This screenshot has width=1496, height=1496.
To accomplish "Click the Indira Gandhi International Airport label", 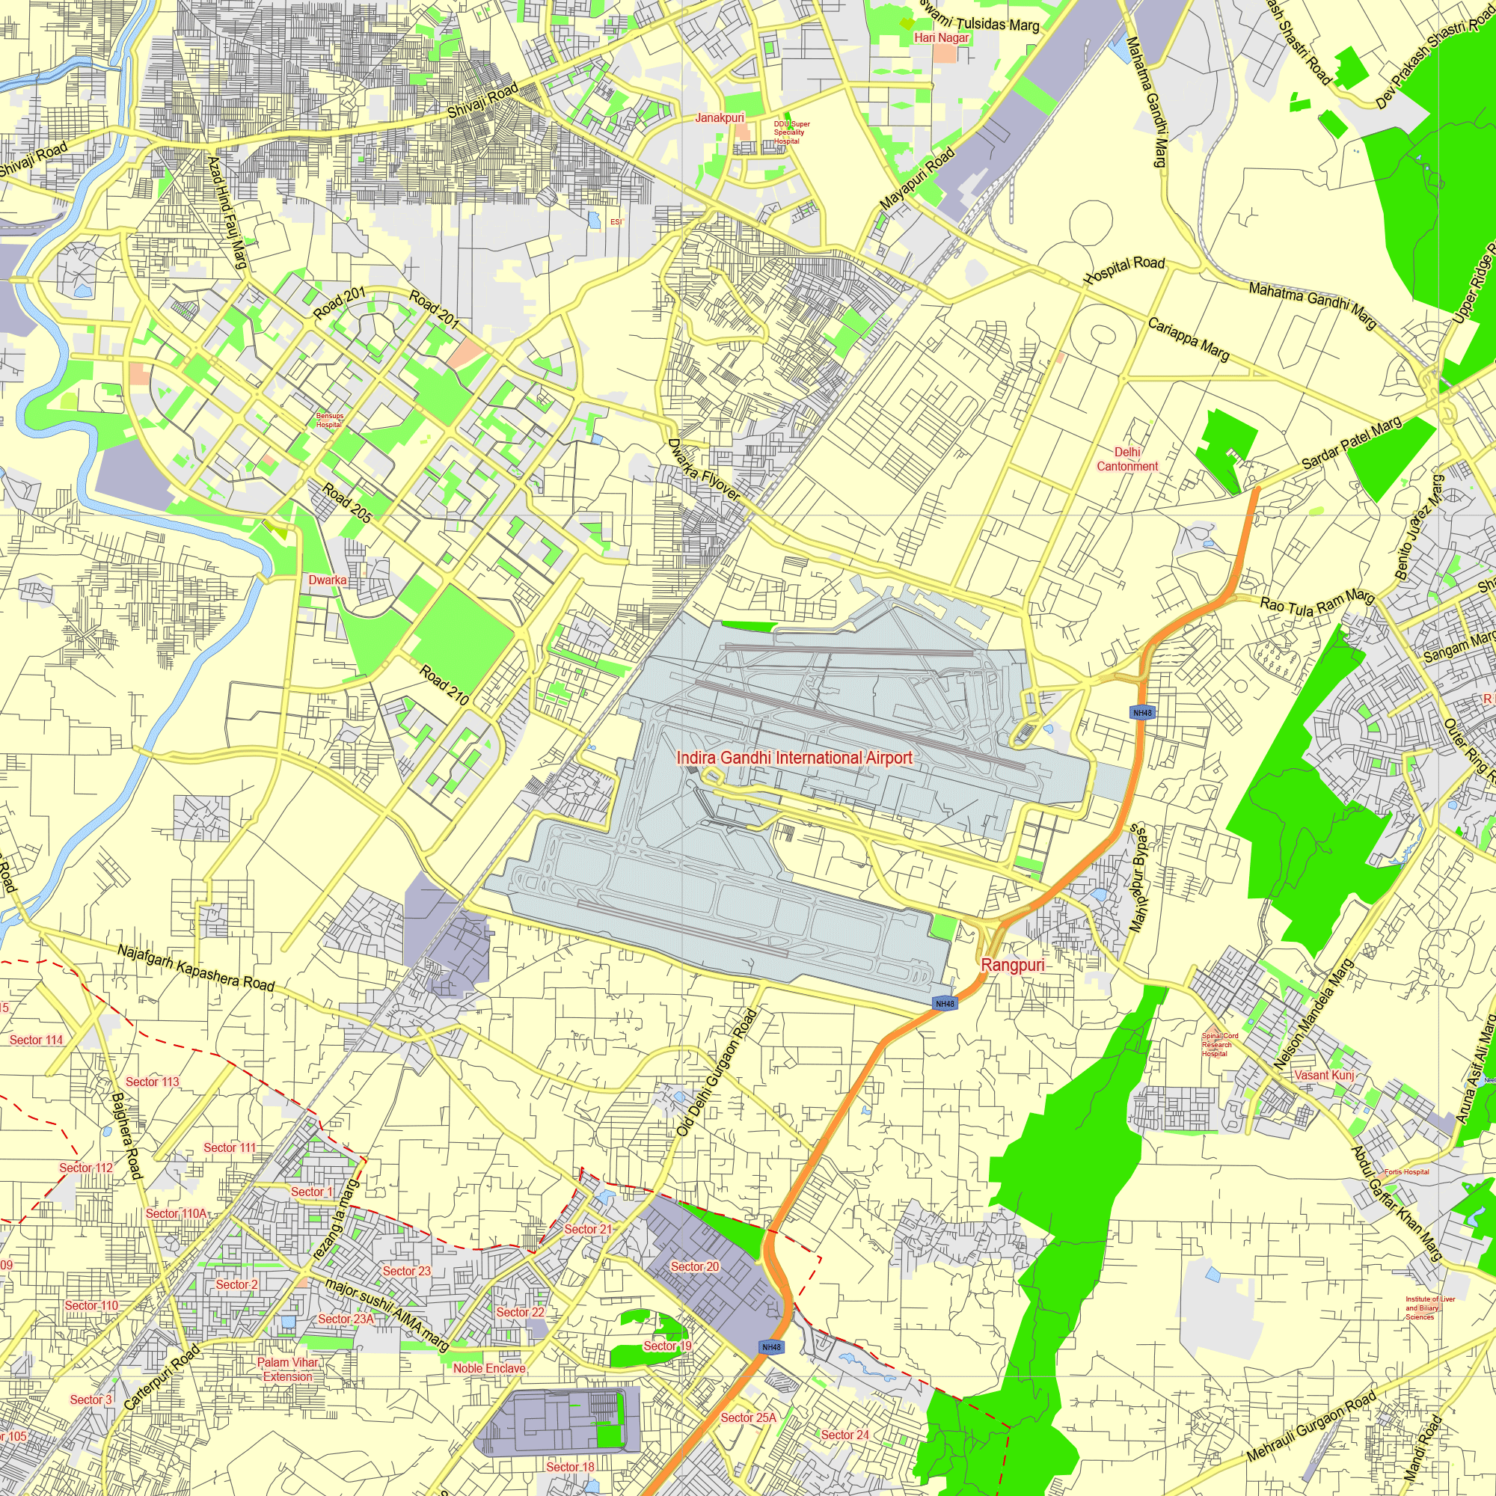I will point(794,758).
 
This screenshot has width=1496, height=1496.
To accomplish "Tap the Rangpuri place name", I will point(1013,965).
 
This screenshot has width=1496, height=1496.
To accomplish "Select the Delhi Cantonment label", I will point(1127,459).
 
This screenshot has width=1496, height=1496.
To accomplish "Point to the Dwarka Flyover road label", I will point(704,470).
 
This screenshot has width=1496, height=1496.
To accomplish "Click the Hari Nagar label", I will point(942,37).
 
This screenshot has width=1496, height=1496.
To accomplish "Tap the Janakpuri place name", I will point(720,117).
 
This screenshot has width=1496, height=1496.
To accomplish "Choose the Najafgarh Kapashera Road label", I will point(196,968).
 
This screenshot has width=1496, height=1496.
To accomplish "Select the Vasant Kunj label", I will point(1324,1075).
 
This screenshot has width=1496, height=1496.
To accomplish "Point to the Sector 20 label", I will point(695,1267).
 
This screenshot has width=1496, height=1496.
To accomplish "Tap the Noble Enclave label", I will point(489,1368).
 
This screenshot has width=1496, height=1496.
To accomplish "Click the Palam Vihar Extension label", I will point(288,1369).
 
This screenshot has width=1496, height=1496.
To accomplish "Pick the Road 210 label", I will point(444,685).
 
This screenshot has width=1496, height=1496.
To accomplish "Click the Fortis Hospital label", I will point(1407,1171).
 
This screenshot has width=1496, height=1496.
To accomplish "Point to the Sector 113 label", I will point(153,1082).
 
